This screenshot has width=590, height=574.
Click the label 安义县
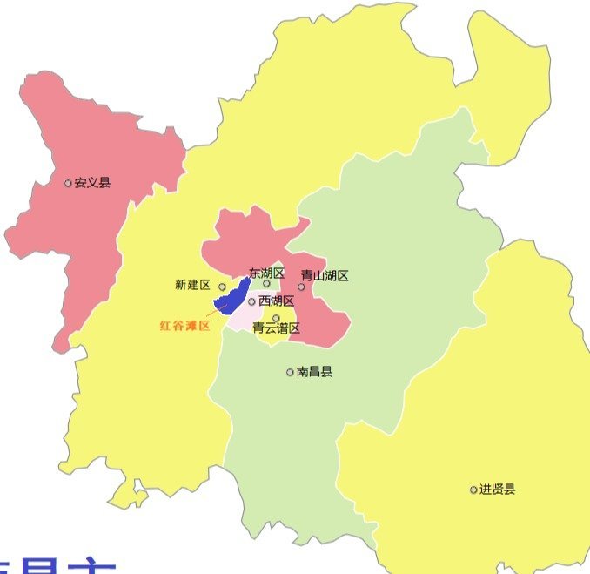(x=93, y=183)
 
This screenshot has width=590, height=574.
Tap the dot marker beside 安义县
(x=69, y=183)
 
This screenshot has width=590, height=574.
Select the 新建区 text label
(x=192, y=285)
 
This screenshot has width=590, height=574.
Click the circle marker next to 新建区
(x=222, y=287)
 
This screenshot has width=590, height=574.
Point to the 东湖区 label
(x=266, y=273)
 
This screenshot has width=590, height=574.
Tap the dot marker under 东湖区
(x=267, y=283)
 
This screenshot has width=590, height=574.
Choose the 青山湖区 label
(x=325, y=276)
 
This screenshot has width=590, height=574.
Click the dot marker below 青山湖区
(x=302, y=287)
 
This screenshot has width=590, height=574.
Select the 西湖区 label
(x=277, y=301)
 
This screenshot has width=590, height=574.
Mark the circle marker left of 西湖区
(x=252, y=302)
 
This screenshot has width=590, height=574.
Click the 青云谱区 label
(x=276, y=328)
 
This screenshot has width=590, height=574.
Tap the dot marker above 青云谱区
(x=276, y=318)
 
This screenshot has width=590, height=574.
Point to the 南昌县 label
(x=314, y=372)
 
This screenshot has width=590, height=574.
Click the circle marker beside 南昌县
(x=291, y=372)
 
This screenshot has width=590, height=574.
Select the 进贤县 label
(x=497, y=490)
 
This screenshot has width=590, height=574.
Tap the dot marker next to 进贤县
(x=473, y=490)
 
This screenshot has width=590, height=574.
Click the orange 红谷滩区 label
(x=185, y=326)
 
